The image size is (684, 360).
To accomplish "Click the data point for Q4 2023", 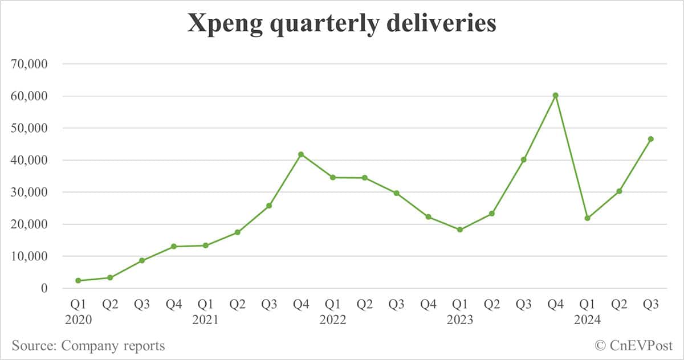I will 555,95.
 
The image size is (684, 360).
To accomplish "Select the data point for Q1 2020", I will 78,280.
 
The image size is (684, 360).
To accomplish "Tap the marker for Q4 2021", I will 301,154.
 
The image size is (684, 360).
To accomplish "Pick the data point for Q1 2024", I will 587,218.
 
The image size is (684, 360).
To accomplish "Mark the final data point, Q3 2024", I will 650,139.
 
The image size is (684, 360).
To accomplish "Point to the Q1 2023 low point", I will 460,230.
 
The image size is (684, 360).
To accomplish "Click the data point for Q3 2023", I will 523,159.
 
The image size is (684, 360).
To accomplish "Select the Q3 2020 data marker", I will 142,260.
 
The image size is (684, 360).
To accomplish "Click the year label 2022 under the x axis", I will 333,320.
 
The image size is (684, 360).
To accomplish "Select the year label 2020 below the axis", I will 78,320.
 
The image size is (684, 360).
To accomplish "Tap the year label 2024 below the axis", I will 587,320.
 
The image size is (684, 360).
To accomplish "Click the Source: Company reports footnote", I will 88,345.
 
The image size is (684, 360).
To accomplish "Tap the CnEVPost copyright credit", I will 633,345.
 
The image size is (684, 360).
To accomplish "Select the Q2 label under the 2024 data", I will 619,305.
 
